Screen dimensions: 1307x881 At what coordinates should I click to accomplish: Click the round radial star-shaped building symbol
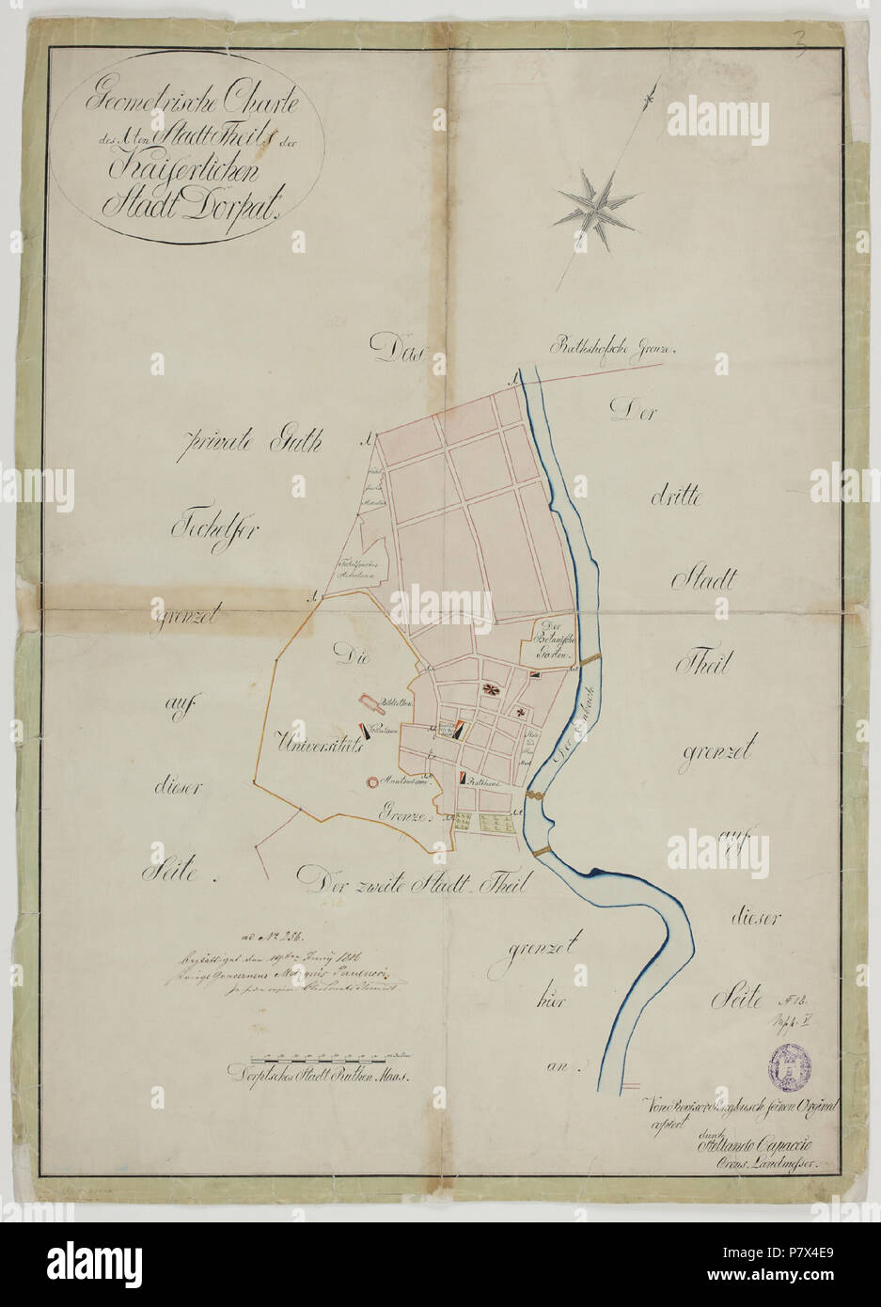click(490, 689)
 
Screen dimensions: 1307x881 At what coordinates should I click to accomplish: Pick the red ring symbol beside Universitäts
click(372, 780)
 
